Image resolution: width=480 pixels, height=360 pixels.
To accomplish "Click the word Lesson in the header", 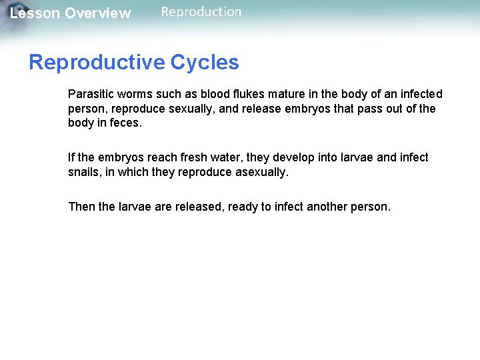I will click(x=35, y=13).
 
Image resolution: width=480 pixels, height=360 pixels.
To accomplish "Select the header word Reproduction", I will click(x=201, y=11).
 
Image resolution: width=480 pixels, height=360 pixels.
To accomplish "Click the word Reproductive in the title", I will click(x=97, y=63).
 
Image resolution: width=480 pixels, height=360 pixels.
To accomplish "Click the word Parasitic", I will click(x=90, y=94).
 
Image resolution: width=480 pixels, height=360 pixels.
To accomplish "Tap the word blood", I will click(x=199, y=94).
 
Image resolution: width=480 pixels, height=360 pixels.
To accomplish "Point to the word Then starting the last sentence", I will click(x=82, y=207).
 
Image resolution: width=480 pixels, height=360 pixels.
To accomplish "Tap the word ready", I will click(x=243, y=207).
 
